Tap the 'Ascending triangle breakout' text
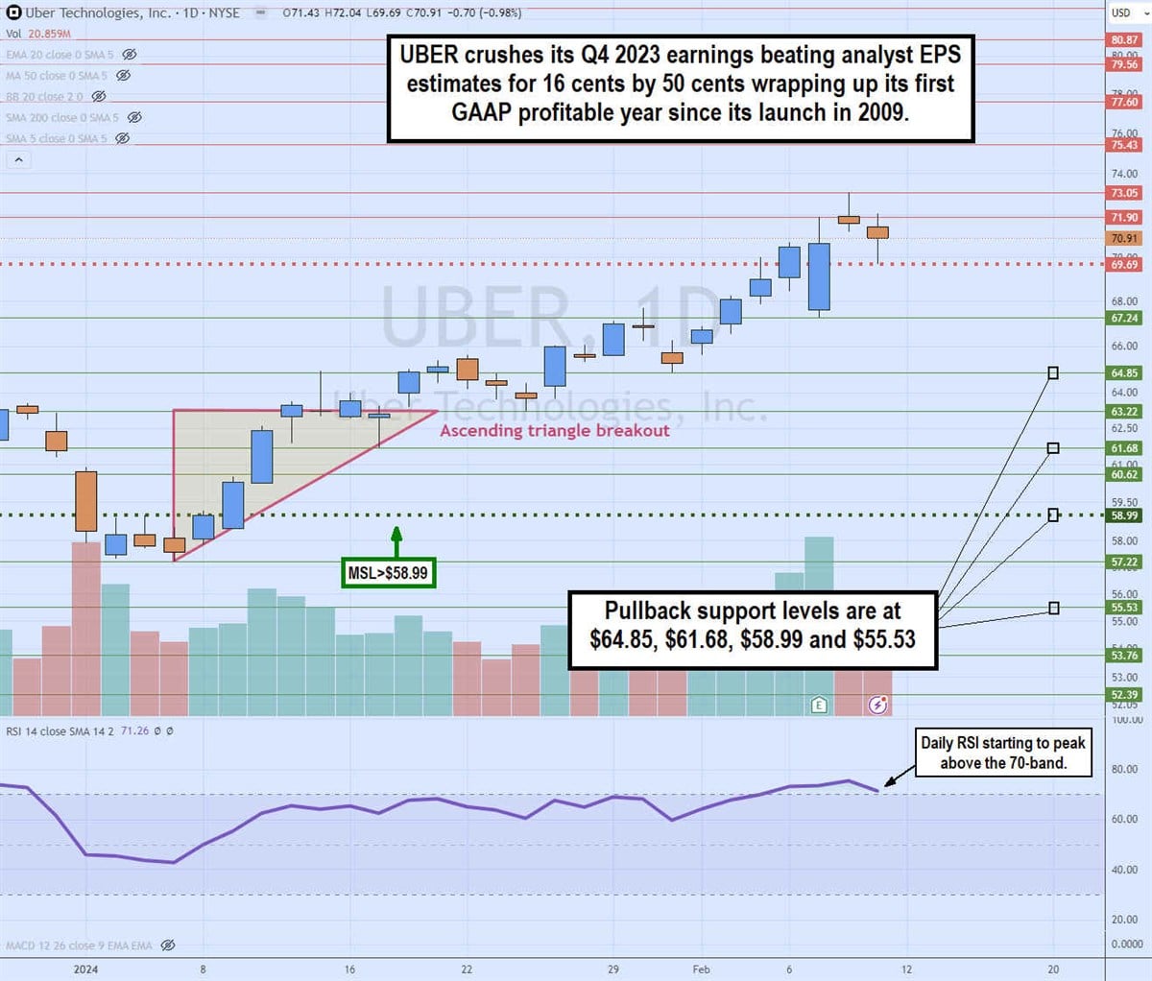coord(554,430)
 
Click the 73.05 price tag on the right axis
coord(1124,193)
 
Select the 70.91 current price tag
coord(1124,238)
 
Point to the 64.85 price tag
coord(1124,373)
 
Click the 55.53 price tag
coord(1124,608)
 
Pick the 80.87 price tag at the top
coord(1124,40)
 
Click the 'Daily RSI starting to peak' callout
coord(1002,753)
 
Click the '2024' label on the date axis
coord(86,969)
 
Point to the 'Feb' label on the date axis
coord(702,969)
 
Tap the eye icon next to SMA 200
coord(134,117)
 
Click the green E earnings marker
coord(819,705)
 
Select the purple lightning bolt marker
coord(877,705)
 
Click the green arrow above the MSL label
coord(396,539)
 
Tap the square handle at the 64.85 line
coord(1053,372)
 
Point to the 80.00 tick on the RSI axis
coord(1124,769)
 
